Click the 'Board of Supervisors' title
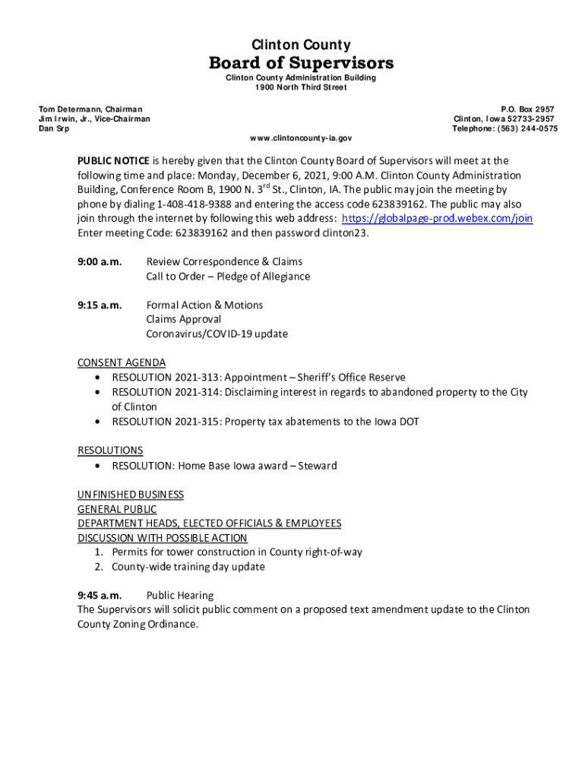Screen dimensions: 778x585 coord(301,62)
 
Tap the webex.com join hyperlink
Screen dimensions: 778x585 coord(437,219)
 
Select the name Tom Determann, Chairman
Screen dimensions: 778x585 coord(91,110)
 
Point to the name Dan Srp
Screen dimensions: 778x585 coord(54,129)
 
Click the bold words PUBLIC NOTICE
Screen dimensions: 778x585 coord(113,161)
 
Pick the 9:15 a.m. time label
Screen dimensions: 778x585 coord(100,305)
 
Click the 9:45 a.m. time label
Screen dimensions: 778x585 coord(100,596)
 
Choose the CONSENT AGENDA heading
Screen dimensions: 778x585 coord(122,363)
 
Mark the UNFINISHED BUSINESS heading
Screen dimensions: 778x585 coord(131,495)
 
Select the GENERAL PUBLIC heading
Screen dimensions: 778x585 coord(117,509)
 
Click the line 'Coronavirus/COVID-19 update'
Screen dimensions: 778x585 coord(217,334)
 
